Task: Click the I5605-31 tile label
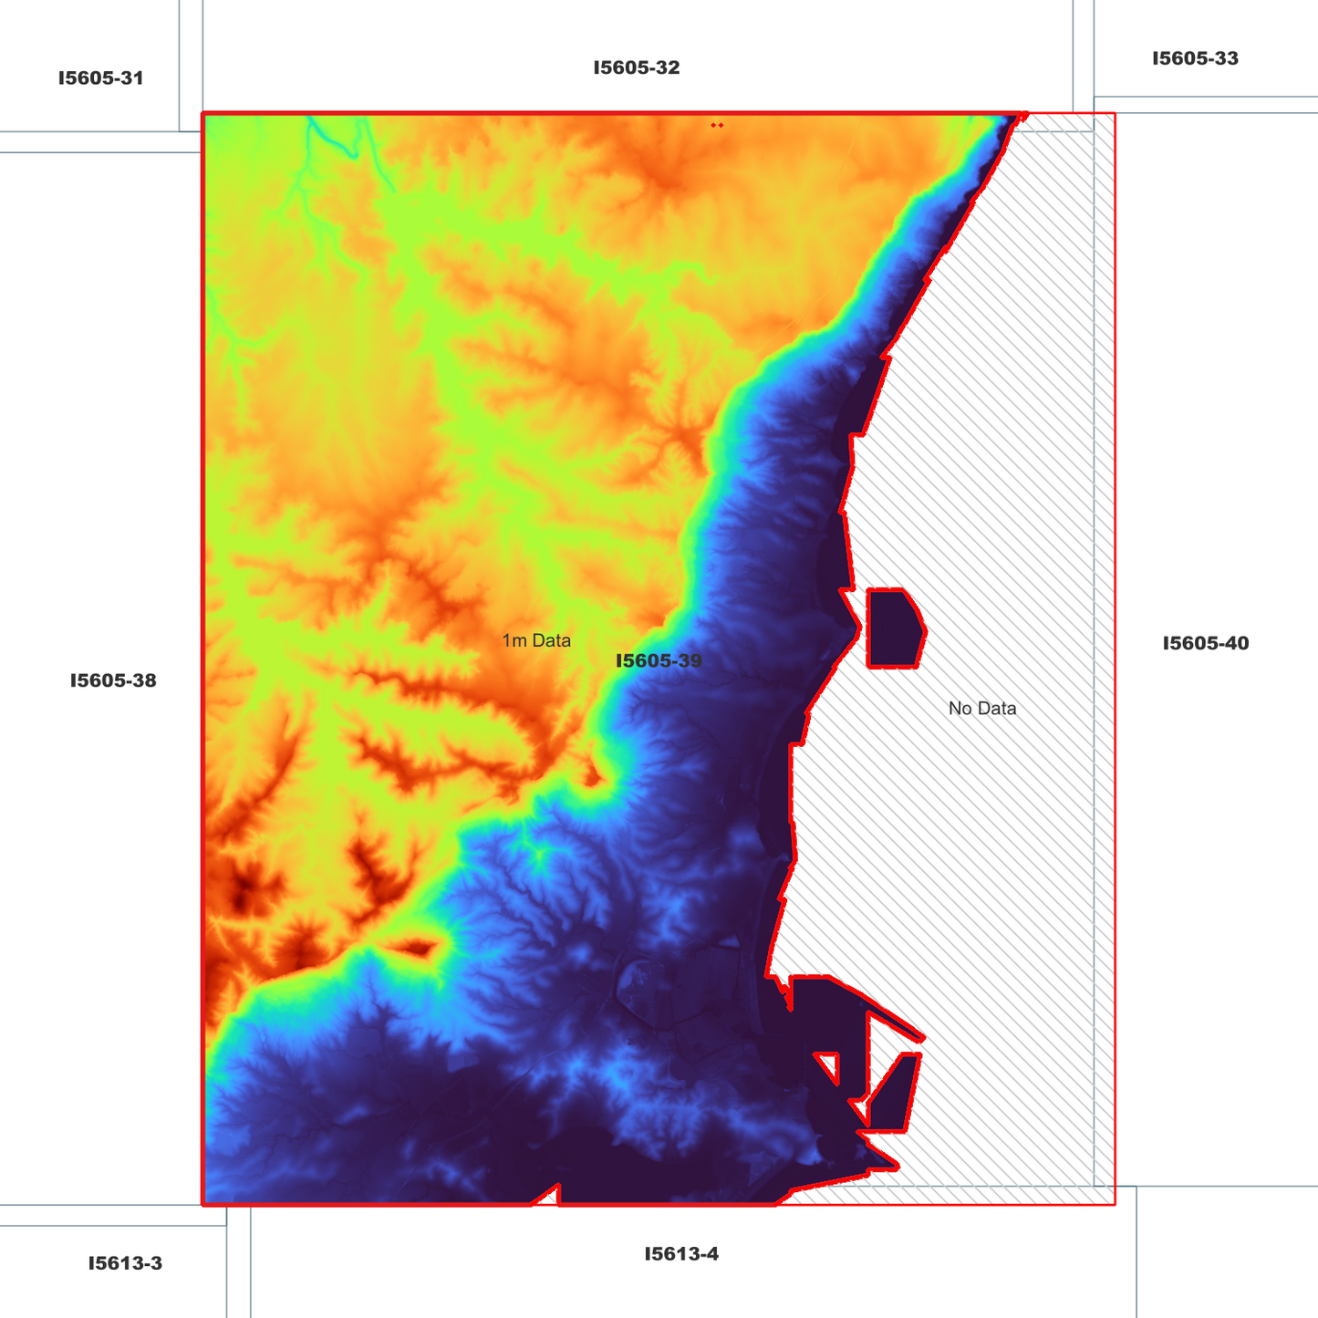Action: tap(100, 78)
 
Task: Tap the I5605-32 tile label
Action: tap(637, 68)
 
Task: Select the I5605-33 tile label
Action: tap(1195, 59)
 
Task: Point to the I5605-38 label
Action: tap(113, 680)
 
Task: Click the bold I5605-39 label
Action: tap(659, 661)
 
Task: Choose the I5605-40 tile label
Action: tap(1205, 644)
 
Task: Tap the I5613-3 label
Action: tap(125, 1264)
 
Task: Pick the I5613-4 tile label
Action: tap(681, 1254)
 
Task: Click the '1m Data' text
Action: tap(536, 641)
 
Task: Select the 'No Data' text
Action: tap(981, 709)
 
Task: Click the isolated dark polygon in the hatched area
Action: tap(895, 628)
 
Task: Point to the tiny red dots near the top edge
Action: tap(718, 125)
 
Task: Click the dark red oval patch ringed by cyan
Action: tap(417, 948)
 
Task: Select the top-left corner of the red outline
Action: tap(203, 115)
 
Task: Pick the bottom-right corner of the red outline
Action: tap(1114, 1204)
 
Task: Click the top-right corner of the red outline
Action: tap(1114, 115)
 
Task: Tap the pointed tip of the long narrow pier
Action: tap(923, 1038)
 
